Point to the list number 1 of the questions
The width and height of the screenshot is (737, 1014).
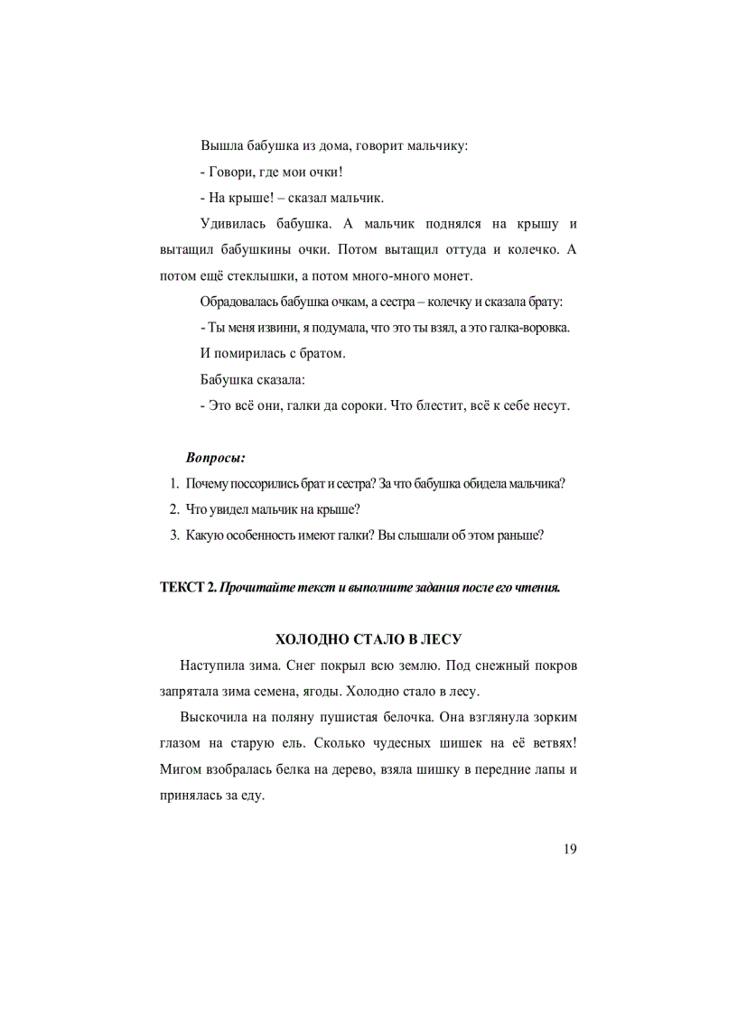174,484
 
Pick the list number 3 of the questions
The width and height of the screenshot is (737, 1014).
174,535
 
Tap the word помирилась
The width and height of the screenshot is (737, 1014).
253,353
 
